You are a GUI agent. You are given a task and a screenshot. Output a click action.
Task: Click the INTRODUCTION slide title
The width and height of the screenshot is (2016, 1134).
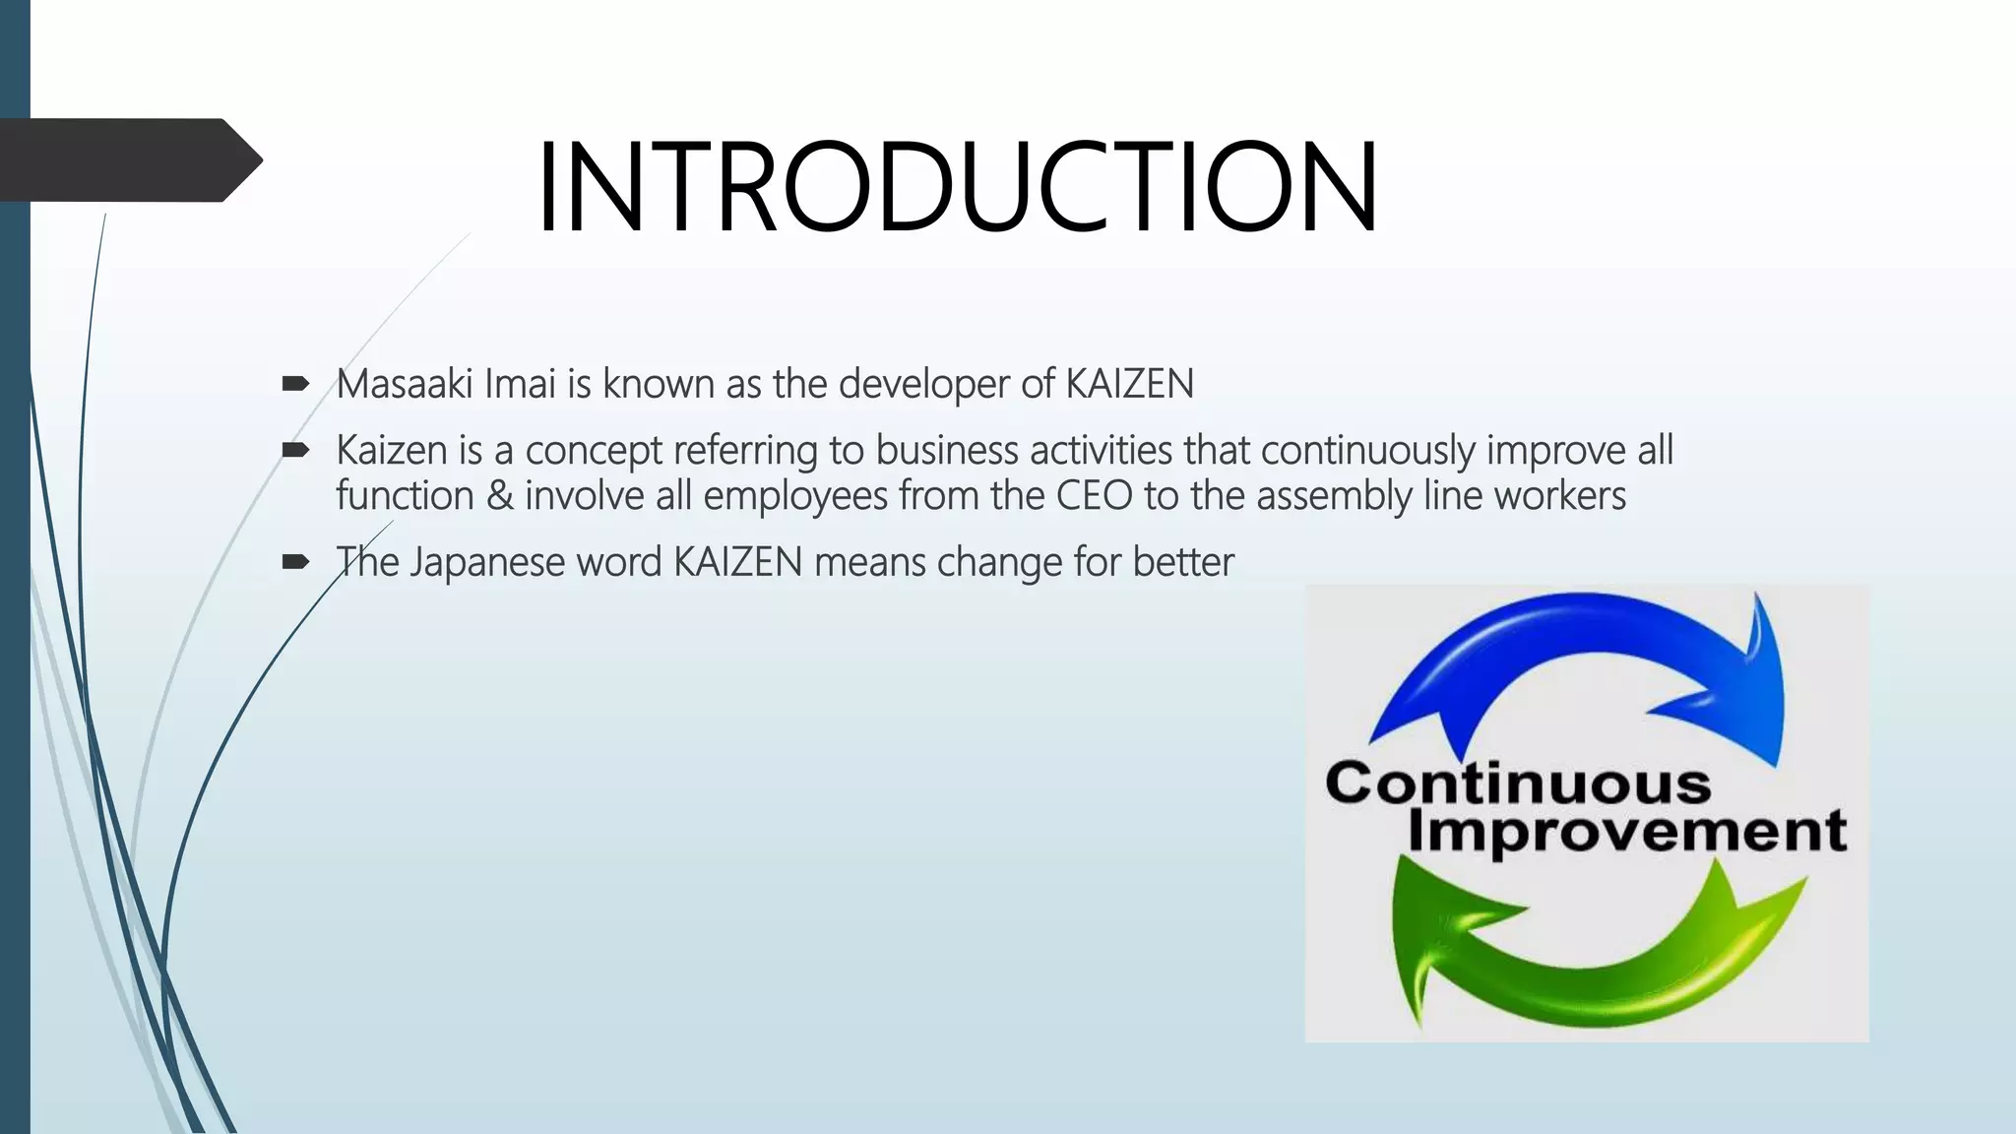pos(957,187)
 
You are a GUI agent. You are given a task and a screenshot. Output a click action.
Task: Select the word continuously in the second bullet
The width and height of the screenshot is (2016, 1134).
pos(1367,451)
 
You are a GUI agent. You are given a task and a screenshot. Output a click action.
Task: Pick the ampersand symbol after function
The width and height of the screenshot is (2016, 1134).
pos(499,495)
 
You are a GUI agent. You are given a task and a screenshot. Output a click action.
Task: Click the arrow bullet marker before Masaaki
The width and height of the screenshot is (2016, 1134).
pos(295,384)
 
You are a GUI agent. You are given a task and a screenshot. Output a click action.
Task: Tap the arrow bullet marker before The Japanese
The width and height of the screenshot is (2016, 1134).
pos(295,562)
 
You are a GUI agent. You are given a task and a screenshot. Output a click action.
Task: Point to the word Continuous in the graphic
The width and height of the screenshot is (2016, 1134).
pos(1517,785)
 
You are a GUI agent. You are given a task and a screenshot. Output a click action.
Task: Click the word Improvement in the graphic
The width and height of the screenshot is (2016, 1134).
pos(1626,830)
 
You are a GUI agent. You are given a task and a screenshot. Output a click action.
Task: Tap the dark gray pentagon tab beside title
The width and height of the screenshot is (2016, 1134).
pos(128,160)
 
